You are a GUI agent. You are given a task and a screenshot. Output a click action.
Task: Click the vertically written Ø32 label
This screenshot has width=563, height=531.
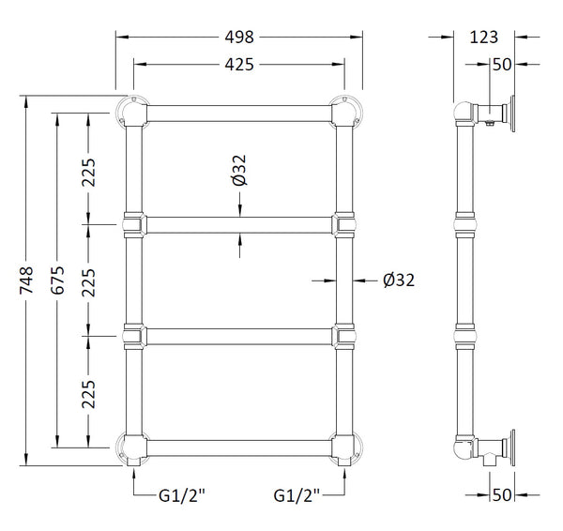click(x=240, y=169)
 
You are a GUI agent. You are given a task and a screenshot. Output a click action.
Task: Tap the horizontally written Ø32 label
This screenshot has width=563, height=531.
click(x=399, y=280)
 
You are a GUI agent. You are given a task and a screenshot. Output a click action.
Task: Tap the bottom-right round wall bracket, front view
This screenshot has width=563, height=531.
click(x=351, y=448)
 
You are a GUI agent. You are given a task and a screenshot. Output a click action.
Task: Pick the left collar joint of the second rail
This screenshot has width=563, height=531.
click(x=133, y=224)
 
